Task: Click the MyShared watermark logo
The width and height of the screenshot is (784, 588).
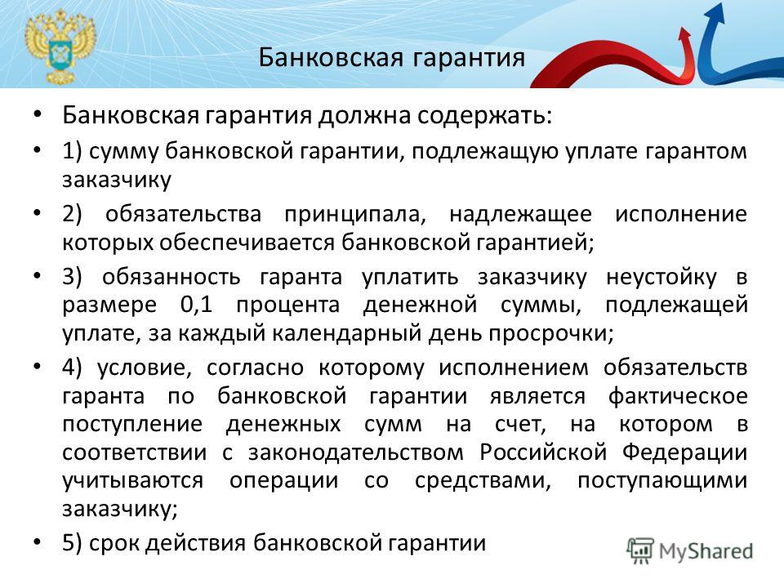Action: (x=690, y=551)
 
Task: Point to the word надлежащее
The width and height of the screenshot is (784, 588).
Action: (x=520, y=215)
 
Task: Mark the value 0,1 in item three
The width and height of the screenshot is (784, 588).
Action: (x=197, y=305)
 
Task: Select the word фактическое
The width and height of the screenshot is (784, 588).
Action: (x=678, y=397)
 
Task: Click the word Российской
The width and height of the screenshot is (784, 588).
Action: (x=544, y=452)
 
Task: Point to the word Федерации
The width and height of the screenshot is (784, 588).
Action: (x=685, y=452)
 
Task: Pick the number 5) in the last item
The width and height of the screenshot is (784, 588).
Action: (x=72, y=543)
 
